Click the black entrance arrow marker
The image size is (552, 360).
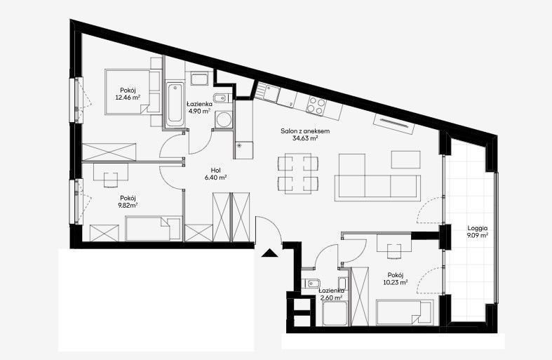[270, 253]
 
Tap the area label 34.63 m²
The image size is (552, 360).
[305, 138]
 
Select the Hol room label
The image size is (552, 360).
[216, 171]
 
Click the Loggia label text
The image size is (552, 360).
[478, 228]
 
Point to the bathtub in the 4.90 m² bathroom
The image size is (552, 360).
[175, 105]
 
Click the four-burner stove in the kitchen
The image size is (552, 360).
[316, 106]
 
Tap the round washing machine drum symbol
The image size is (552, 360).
[223, 119]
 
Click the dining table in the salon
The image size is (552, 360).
[298, 173]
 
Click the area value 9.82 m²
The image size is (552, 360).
[128, 205]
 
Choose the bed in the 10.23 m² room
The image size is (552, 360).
[404, 312]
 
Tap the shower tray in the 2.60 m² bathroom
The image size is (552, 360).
[335, 314]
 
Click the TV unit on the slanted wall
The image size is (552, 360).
[394, 124]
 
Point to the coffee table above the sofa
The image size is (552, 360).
[406, 159]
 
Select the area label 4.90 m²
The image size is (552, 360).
[199, 111]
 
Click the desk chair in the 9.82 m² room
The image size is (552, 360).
[111, 180]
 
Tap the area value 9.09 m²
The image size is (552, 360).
[478, 235]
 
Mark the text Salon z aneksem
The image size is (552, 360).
[305, 131]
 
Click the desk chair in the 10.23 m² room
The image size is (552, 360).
[394, 251]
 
